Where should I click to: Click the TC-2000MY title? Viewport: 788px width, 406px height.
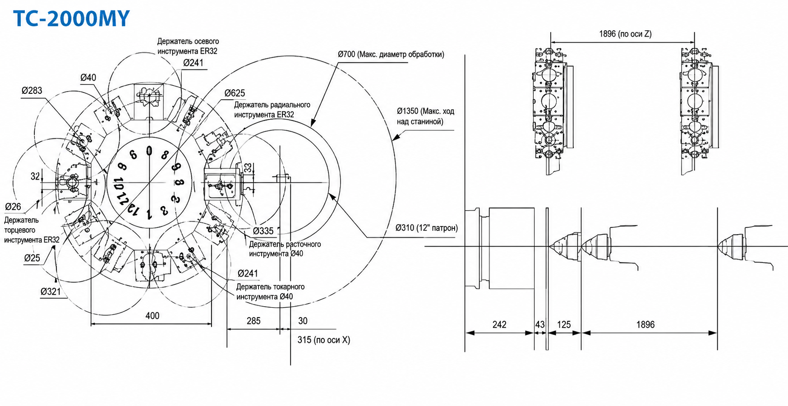pos(71,19)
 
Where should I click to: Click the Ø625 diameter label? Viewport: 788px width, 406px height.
pos(235,93)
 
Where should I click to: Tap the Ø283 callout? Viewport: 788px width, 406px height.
pos(32,91)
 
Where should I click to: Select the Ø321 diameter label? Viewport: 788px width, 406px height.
pos(50,291)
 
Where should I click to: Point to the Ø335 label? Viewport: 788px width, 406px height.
pos(263,231)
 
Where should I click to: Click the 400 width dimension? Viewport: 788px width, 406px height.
pos(152,316)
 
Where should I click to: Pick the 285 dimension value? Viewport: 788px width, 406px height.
pos(253,321)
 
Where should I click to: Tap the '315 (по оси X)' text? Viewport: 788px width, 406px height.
pos(323,340)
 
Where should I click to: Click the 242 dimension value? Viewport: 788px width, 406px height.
pos(499,324)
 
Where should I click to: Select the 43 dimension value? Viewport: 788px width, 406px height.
pos(540,324)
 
